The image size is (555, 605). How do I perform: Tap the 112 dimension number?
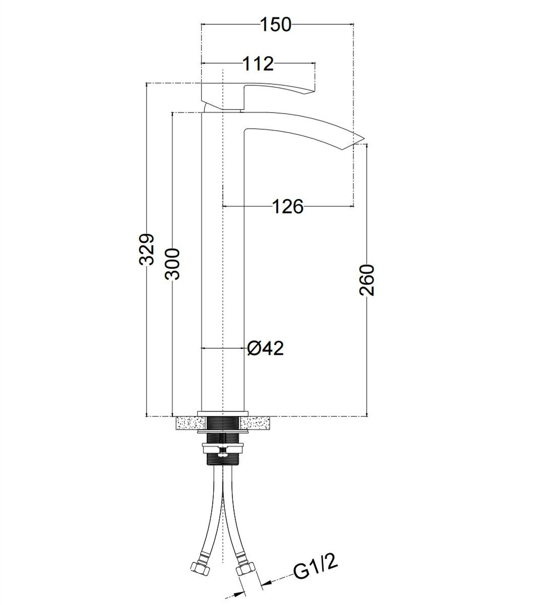[258, 63]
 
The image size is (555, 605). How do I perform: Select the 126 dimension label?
[288, 207]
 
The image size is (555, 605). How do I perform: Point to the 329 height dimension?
[147, 249]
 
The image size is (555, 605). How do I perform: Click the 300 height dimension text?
[172, 264]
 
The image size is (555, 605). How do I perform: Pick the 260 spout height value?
[366, 280]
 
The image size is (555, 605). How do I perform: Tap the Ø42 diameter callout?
[265, 348]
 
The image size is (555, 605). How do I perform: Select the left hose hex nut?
[199, 566]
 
